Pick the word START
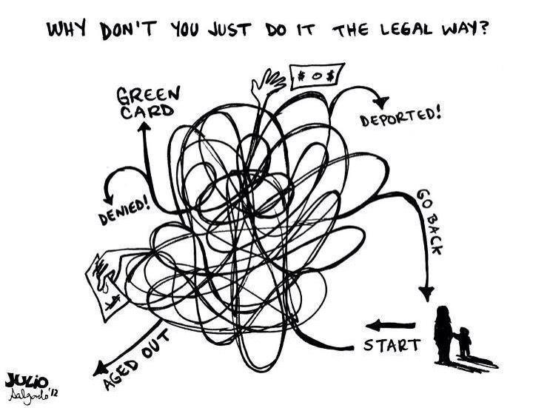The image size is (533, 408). (x=392, y=344)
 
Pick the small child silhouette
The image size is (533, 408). (x=464, y=341)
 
